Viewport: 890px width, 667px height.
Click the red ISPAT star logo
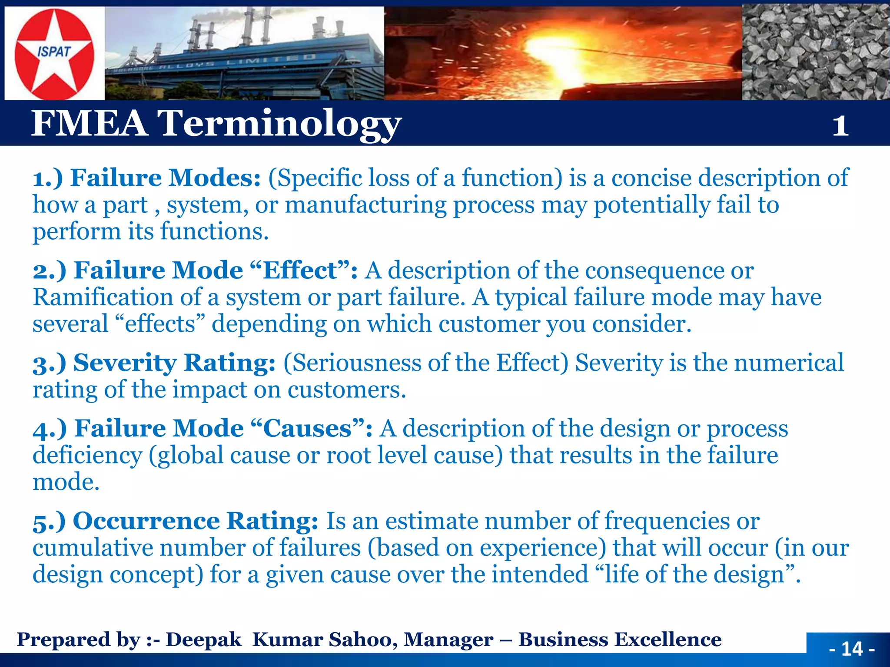54,54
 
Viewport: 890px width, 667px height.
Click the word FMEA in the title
89,123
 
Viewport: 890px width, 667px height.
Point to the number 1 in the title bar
840,126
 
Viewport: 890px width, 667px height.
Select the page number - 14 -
852,649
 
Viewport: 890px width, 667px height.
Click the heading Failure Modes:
165,178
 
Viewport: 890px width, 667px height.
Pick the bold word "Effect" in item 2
300,271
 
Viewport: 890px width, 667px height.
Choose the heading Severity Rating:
174,363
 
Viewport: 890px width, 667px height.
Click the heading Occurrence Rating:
196,521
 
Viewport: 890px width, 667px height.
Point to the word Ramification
103,297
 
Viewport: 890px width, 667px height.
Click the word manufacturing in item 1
365,205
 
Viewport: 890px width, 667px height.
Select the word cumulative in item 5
93,548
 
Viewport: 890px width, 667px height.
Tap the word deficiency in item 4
87,456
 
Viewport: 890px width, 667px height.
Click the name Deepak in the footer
203,640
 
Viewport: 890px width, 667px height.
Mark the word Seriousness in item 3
352,363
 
